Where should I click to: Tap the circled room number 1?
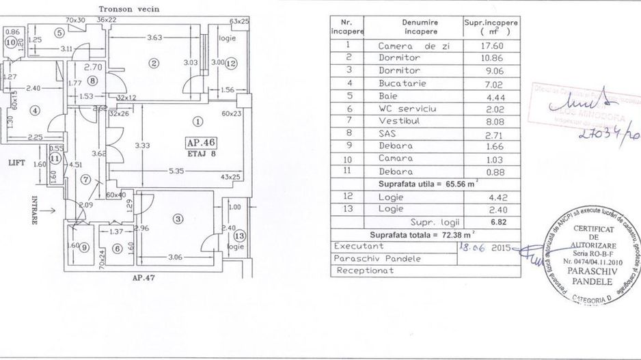coord(197,121)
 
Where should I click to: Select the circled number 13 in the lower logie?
coord(238,236)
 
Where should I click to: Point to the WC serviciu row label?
coord(408,109)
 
